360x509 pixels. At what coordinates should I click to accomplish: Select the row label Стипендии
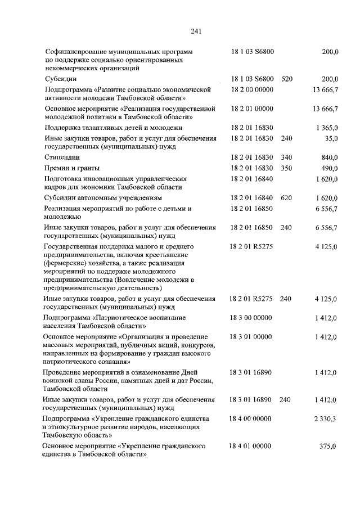coord(62,157)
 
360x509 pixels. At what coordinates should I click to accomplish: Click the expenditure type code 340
coord(286,157)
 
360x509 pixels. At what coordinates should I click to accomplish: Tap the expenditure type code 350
coord(286,168)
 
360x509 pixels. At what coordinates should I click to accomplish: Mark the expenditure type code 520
coord(286,79)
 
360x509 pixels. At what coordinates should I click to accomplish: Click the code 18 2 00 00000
coord(251,89)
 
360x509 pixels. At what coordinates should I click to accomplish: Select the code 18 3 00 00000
coord(251,318)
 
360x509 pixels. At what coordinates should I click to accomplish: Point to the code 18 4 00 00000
coord(251,419)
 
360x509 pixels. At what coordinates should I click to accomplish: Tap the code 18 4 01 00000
coord(251,446)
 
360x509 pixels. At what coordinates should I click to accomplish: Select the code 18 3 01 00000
coord(251,336)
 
